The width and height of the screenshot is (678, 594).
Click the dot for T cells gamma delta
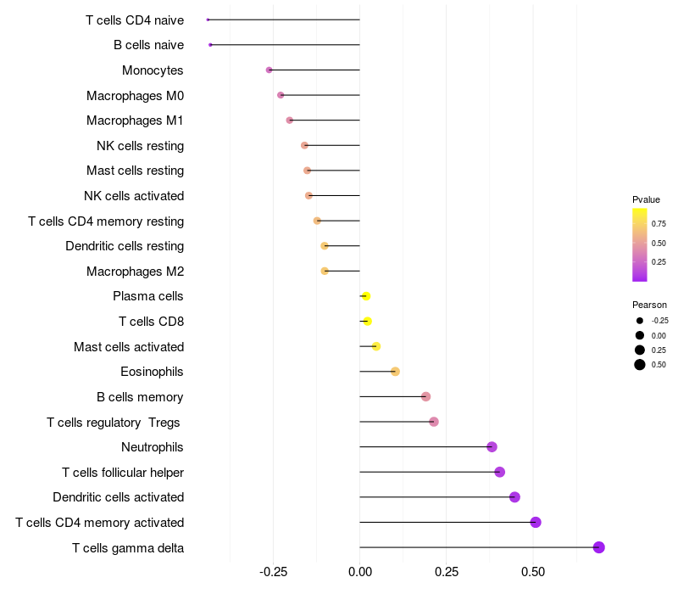click(598, 547)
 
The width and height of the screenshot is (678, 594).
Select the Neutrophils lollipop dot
click(492, 447)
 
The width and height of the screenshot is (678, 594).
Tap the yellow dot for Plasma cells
click(366, 296)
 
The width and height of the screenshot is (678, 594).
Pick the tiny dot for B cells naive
click(210, 44)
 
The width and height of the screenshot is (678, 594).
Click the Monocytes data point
click(270, 70)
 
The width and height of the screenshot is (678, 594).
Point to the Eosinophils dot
click(395, 372)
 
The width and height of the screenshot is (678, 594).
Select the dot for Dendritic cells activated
click(514, 497)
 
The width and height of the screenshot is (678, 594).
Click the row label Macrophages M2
click(135, 272)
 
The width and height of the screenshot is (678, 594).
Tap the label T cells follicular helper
click(123, 472)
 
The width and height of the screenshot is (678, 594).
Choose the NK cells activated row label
click(134, 196)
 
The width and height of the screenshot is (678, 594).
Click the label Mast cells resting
click(135, 171)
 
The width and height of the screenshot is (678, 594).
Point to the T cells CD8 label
click(151, 322)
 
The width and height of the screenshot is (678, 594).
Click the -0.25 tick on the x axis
click(273, 572)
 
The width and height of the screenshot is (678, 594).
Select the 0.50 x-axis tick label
click(532, 572)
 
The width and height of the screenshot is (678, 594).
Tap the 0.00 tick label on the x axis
click(360, 572)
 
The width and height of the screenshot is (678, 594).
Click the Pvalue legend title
click(646, 199)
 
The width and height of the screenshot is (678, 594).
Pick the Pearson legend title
click(649, 305)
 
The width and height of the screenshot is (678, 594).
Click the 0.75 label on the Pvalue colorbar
click(659, 225)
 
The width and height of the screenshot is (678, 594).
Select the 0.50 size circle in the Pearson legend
click(639, 365)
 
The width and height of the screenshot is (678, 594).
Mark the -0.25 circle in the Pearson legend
click(639, 321)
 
